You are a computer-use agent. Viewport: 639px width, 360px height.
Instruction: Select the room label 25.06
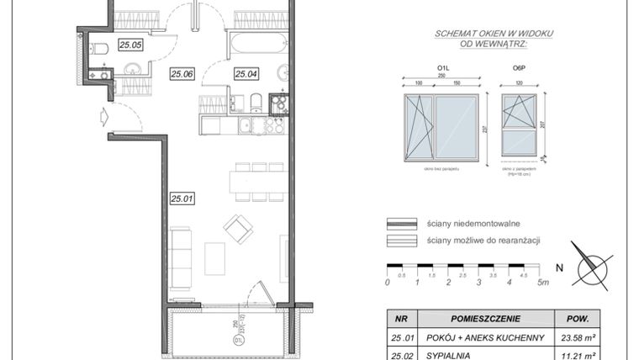click(x=182, y=74)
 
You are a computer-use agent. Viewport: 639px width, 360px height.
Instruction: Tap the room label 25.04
click(x=246, y=74)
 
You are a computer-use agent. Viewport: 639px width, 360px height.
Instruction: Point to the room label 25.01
click(x=182, y=199)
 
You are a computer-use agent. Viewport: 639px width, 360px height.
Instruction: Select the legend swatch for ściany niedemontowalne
click(x=403, y=224)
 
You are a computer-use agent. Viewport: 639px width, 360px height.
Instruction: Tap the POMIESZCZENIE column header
click(x=485, y=320)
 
